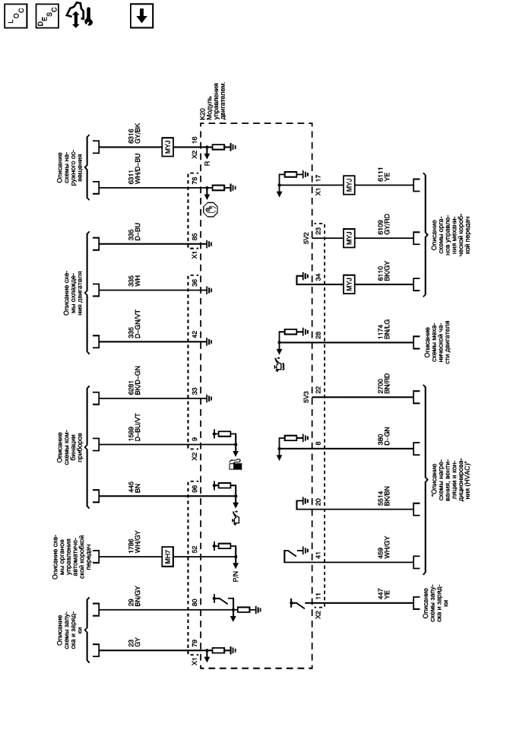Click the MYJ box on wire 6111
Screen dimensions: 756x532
pos(348,185)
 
